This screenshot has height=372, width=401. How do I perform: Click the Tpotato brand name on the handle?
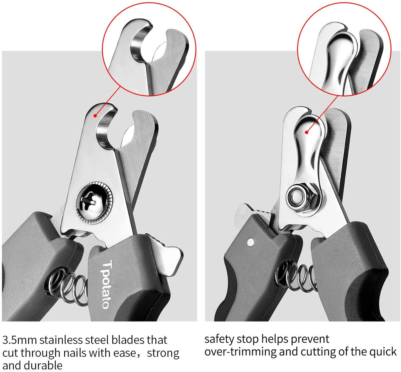coord(107,284)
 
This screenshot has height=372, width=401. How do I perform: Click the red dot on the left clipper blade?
coord(95,116)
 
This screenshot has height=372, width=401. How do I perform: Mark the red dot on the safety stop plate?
coord(307,132)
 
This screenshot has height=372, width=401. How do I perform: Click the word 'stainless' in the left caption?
coord(61,340)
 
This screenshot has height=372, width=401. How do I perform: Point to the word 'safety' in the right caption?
coord(219,339)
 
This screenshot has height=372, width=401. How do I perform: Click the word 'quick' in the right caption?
coord(383,352)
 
